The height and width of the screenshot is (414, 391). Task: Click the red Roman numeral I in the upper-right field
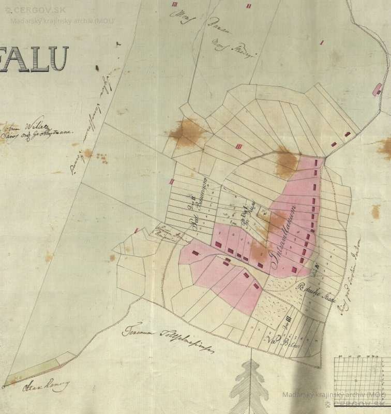coord(322,42)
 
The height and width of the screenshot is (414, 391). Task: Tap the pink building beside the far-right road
coord(377,89)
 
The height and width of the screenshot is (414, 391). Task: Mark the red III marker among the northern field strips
coord(238,146)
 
